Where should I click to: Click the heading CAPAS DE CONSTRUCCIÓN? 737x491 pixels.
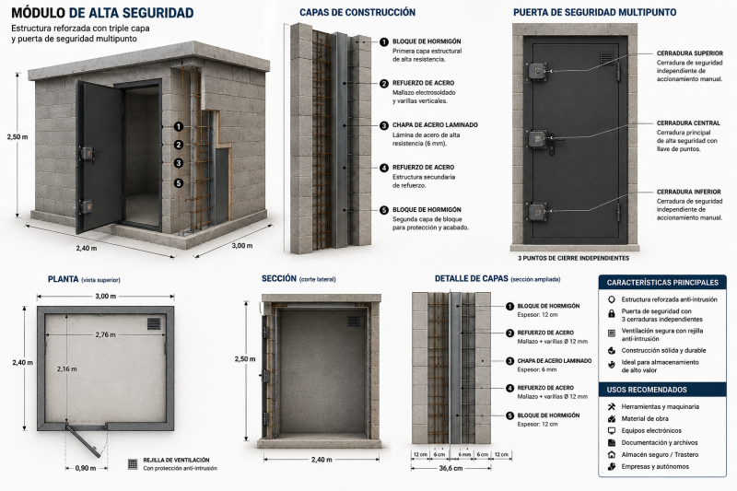coord(357,12)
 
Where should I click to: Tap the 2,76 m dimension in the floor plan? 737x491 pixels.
coord(105,335)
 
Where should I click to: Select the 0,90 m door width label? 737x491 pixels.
coord(86,468)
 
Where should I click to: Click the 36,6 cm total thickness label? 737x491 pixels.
coord(450,468)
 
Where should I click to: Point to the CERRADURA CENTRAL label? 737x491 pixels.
coord(688,123)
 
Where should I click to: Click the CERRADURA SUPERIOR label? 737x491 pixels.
coord(689,53)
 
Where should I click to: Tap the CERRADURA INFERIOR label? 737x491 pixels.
coord(688,192)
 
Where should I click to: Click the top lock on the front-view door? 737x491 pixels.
coord(537,72)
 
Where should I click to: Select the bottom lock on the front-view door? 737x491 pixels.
coord(537,212)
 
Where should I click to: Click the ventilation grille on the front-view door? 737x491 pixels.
coord(607,58)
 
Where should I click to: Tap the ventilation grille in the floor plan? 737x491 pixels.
coord(154,323)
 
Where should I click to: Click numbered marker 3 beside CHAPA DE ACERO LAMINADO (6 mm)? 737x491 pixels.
coord(384,125)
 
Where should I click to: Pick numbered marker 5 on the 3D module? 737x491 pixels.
coord(178,183)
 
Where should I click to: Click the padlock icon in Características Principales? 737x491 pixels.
coord(612,313)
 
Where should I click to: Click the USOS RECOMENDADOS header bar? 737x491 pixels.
coord(662,390)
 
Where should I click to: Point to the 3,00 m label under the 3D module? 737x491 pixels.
coord(241,246)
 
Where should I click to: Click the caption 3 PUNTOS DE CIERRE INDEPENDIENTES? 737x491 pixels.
coord(573,258)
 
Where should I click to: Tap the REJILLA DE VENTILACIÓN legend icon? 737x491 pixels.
coord(133,463)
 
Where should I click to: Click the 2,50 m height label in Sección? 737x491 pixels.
coord(245,359)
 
